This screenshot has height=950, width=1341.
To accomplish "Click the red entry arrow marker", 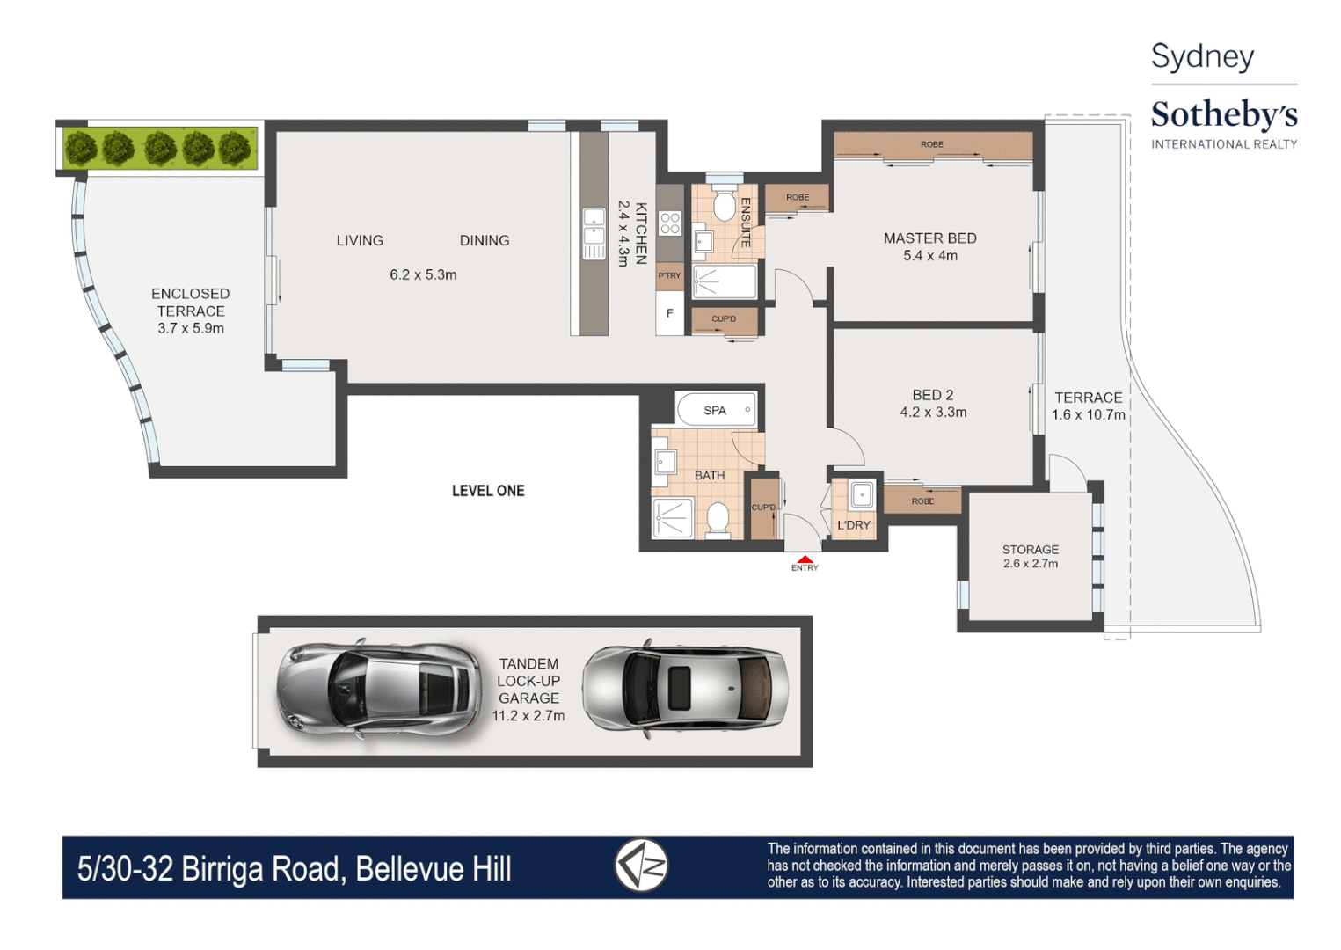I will [805, 559].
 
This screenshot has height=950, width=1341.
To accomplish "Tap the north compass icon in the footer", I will [641, 866].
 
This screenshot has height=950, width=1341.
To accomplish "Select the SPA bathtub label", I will [715, 410].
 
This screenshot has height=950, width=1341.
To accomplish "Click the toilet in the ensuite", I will [724, 207].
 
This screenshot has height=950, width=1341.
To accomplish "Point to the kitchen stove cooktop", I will [670, 223].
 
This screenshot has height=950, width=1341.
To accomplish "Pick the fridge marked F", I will [669, 313].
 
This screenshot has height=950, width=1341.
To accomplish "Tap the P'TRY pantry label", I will [669, 275].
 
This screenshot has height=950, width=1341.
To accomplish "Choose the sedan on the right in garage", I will [686, 689].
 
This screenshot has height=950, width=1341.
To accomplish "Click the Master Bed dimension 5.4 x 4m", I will [929, 256].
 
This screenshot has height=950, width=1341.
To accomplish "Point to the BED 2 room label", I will [932, 395].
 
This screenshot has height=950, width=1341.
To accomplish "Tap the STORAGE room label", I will [1030, 549].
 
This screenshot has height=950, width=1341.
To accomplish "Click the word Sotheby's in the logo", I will [1223, 114].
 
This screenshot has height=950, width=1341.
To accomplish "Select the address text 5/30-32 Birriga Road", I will [211, 869].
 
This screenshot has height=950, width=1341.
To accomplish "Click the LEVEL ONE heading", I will [488, 491].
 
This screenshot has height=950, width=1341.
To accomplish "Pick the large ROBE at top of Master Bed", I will [932, 145].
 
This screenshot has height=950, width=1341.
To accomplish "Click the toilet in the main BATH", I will [718, 518].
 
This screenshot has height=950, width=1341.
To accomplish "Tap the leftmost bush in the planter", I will [81, 148].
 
